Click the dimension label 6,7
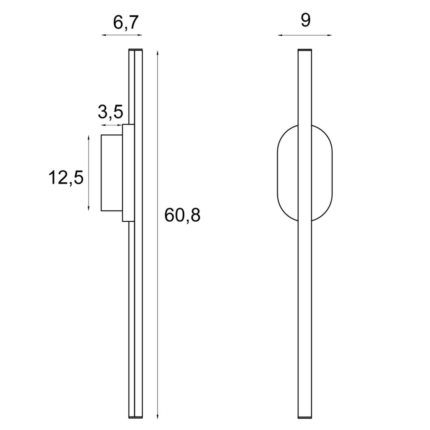126,23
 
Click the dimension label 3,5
110,112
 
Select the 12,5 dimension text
66,178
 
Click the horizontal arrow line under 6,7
122,36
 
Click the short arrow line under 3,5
112,125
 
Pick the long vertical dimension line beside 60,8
157,235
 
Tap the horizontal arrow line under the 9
305,35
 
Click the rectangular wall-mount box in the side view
112,173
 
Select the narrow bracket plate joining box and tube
128,173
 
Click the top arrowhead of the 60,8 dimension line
157,52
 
